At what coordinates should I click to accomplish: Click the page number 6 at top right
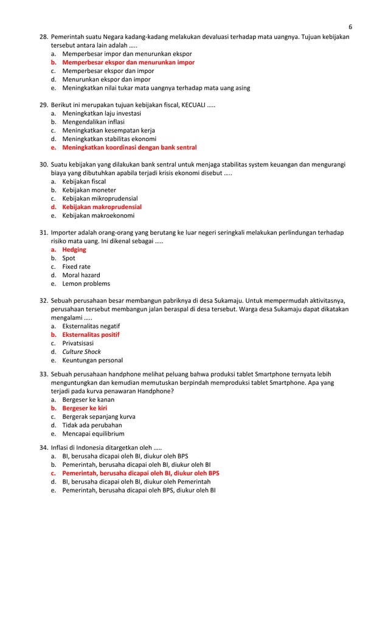[350, 27]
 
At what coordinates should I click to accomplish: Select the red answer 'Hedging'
[74, 249]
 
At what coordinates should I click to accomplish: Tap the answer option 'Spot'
[69, 258]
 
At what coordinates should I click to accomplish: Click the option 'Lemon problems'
[86, 283]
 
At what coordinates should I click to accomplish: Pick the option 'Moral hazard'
[81, 275]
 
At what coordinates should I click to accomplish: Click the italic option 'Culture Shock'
[81, 351]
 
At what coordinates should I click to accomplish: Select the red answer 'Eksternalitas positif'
[91, 334]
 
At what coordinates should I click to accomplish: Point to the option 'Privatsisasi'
[78, 343]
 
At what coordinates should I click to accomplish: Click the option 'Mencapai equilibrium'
[93, 433]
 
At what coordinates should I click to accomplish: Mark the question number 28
[44, 36]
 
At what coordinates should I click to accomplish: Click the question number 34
[44, 447]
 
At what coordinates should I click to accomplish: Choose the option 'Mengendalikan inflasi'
[93, 122]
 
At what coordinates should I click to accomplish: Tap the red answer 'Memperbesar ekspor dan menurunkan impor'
[128, 62]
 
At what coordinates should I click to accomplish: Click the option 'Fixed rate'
[77, 266]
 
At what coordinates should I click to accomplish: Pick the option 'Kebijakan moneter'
[89, 190]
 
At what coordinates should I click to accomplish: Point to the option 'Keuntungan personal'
[92, 360]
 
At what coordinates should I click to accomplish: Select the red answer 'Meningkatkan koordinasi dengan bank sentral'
[129, 147]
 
